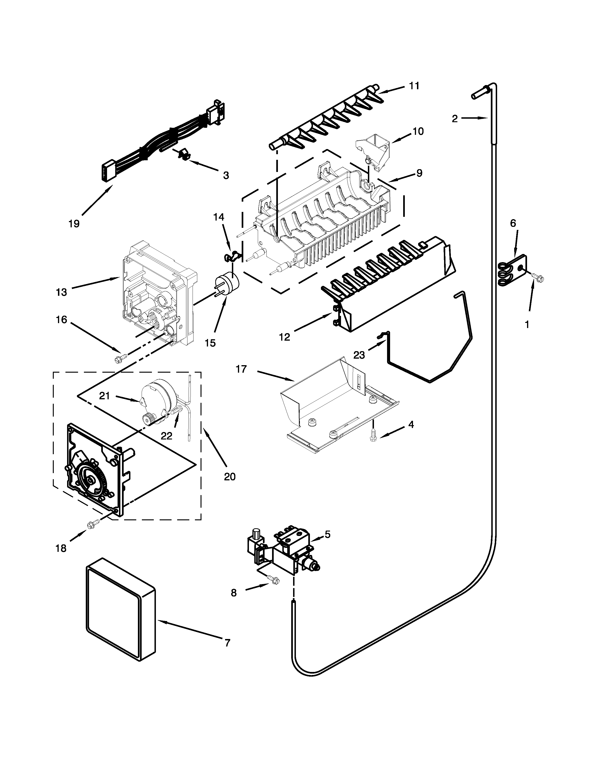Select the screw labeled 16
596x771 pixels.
(x=118, y=359)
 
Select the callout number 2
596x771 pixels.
(x=455, y=119)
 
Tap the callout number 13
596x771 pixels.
(x=61, y=292)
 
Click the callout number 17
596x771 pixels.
(x=241, y=369)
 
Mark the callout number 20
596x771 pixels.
(x=230, y=477)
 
